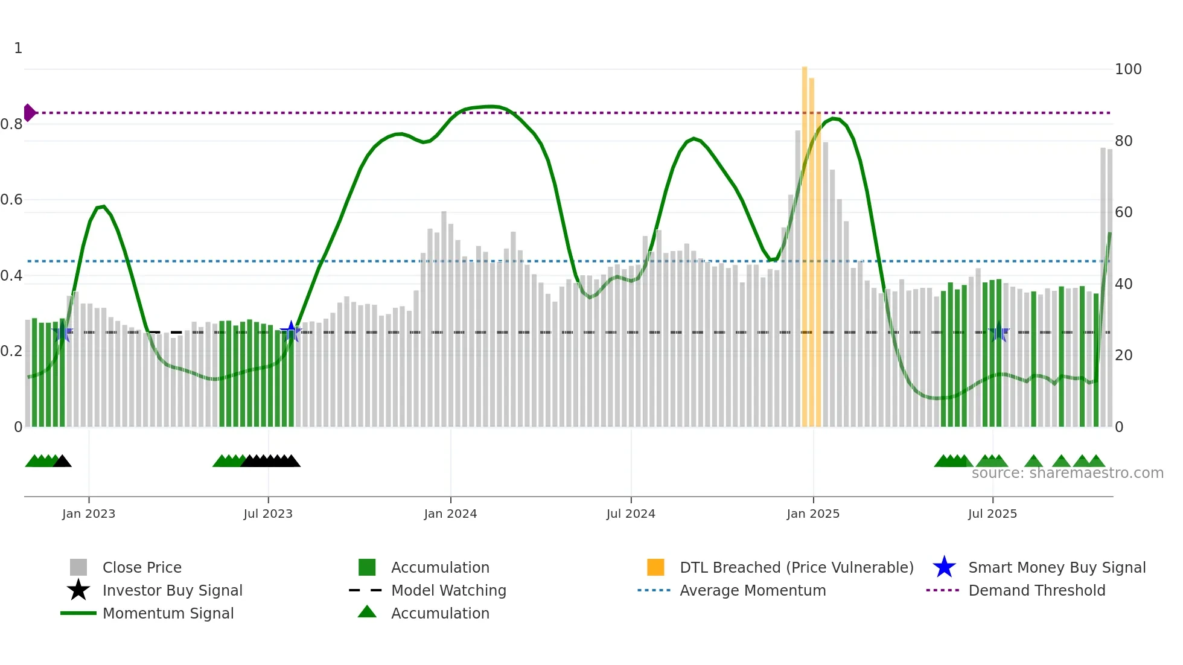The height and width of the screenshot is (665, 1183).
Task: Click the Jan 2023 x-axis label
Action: (x=89, y=514)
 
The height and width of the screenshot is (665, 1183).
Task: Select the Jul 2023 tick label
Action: (x=268, y=514)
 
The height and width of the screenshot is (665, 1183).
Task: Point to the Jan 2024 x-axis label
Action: (x=450, y=514)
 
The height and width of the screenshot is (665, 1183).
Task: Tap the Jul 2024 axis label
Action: (x=631, y=514)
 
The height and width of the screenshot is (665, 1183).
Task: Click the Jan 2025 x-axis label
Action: (x=813, y=514)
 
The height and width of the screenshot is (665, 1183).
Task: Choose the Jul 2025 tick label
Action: (x=992, y=514)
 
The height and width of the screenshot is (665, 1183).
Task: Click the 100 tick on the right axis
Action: (x=1127, y=69)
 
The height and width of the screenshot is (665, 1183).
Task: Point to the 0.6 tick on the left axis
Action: (x=11, y=200)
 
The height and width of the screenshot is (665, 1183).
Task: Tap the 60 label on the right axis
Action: (x=1123, y=212)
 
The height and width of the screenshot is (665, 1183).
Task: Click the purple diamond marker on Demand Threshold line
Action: (x=29, y=113)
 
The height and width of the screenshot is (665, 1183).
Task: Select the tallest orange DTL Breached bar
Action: (x=805, y=241)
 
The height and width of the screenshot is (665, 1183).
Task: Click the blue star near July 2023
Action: (x=291, y=331)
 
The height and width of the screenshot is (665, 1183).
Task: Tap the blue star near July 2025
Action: (x=999, y=331)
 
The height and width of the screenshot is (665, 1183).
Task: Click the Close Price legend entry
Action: (x=142, y=567)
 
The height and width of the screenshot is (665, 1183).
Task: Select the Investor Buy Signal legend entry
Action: (x=172, y=590)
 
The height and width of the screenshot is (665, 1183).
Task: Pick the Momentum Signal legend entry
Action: (x=168, y=613)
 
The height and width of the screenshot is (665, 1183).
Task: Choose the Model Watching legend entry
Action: (x=448, y=590)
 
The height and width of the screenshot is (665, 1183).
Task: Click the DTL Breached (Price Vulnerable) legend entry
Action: (x=796, y=567)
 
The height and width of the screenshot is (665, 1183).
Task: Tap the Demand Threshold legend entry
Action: (x=1036, y=590)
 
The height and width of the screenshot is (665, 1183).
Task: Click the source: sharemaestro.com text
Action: (x=1067, y=473)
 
